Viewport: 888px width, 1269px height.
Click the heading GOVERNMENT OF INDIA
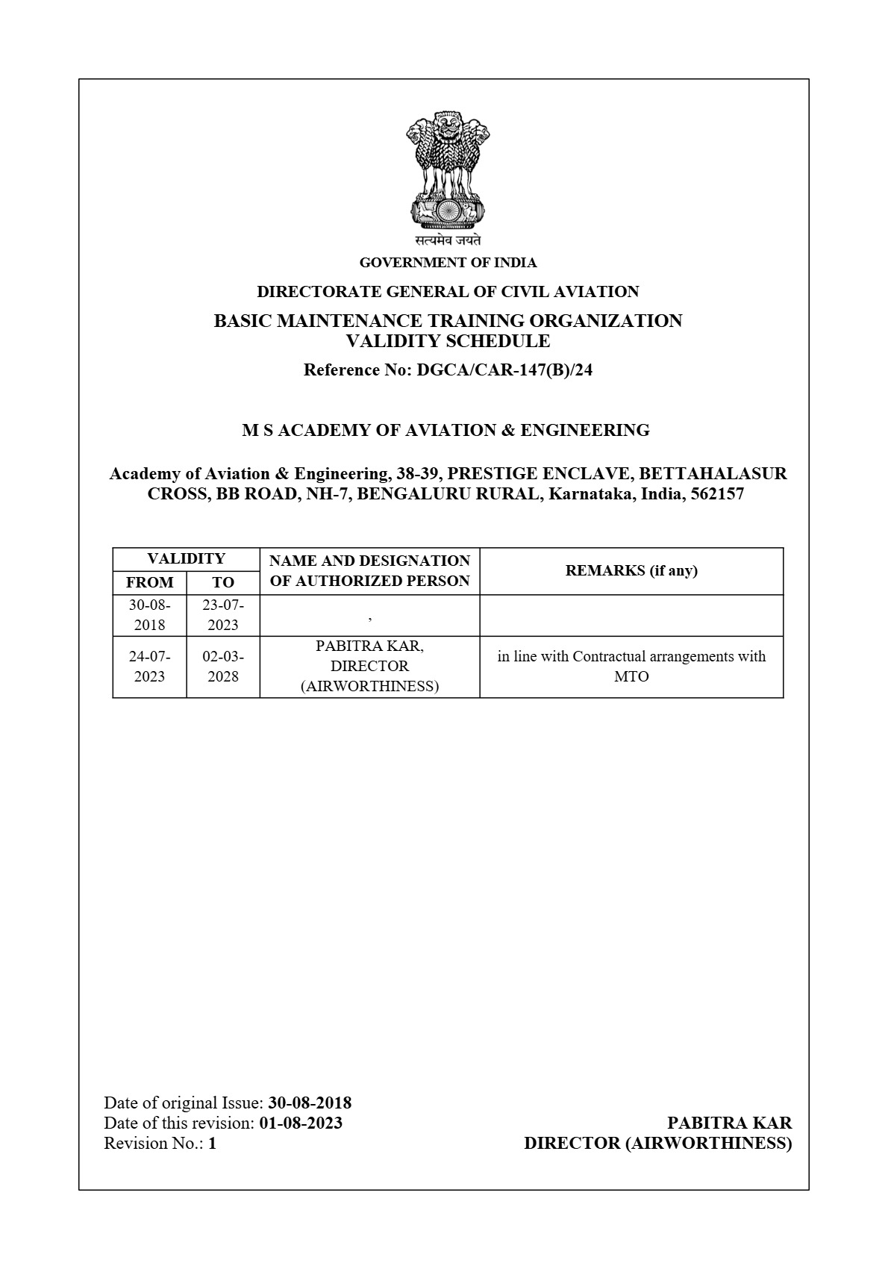[448, 263]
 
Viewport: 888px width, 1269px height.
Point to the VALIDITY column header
[186, 558]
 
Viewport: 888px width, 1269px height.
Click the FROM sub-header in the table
[149, 582]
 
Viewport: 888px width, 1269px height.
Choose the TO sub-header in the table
[223, 582]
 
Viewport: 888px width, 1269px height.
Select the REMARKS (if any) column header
[631, 570]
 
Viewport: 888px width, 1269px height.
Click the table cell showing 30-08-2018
[149, 615]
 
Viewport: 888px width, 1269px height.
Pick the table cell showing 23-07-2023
[223, 615]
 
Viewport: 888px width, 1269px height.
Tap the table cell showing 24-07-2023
[149, 667]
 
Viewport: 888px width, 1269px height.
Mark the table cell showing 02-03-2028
[223, 667]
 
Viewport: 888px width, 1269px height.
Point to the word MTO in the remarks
[631, 677]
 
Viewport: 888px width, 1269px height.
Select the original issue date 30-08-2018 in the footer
[310, 1103]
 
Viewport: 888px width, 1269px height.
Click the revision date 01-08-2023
[301, 1123]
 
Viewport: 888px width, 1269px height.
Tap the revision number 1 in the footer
[213, 1143]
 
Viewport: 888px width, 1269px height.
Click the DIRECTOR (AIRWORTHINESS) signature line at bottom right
[657, 1143]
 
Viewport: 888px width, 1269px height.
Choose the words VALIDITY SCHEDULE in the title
[448, 342]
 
